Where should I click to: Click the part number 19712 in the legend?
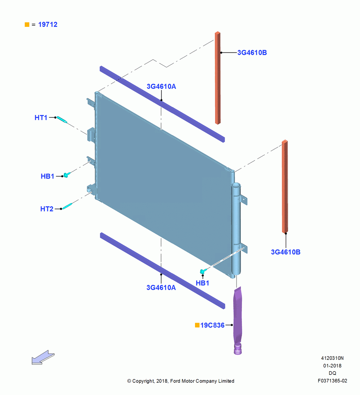(48, 24)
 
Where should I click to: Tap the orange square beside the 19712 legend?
(27, 24)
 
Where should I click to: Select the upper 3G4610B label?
(252, 53)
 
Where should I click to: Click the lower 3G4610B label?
(285, 252)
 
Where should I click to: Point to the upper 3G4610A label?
(161, 87)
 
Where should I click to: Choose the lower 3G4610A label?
(161, 288)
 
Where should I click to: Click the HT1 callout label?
(41, 118)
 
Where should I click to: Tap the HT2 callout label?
(47, 209)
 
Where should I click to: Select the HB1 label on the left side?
(47, 176)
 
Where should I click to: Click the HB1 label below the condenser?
(202, 283)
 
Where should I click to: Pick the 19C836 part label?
(212, 325)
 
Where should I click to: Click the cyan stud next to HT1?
(62, 120)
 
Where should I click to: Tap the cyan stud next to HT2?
(67, 206)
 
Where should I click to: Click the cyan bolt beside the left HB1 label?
(66, 175)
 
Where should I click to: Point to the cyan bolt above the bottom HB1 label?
(202, 271)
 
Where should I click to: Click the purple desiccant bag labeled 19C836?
(237, 320)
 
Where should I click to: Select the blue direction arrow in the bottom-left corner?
(43, 357)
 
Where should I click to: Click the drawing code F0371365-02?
(332, 381)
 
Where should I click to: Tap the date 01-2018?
(332, 365)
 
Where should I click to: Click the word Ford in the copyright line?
(176, 381)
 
